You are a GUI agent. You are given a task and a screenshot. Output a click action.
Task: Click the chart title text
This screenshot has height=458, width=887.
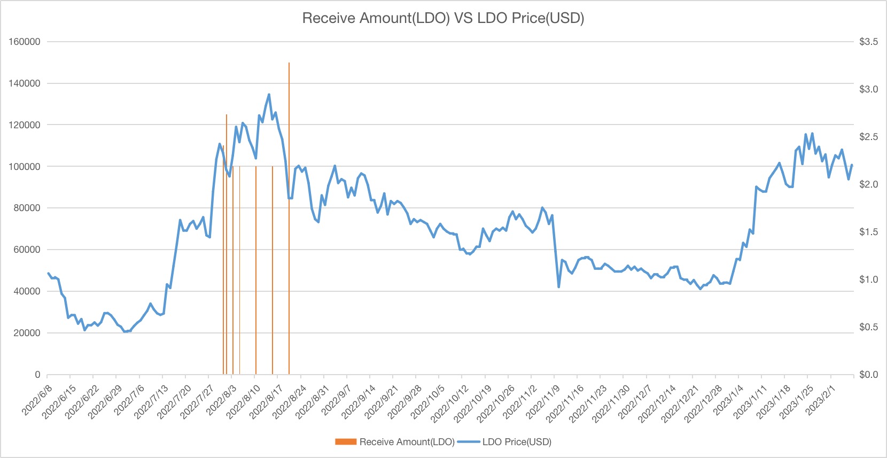(443, 18)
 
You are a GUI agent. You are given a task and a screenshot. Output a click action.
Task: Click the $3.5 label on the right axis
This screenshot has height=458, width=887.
(868, 42)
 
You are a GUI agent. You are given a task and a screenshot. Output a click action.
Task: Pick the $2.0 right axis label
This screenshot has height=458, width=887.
(868, 184)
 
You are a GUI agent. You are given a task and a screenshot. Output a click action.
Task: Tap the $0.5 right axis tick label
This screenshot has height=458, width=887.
(868, 327)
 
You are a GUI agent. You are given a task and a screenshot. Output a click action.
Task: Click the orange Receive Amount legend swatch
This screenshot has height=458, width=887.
(346, 442)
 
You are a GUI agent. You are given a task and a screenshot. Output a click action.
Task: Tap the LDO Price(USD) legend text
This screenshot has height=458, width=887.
(517, 442)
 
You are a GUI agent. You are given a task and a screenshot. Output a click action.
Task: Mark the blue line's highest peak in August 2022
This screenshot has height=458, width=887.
(269, 95)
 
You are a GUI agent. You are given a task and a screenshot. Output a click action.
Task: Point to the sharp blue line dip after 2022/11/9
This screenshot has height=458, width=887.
(559, 287)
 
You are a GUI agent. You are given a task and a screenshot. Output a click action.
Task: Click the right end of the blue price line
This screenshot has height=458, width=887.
(852, 165)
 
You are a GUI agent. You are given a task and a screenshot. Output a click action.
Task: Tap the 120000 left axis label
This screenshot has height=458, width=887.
(25, 125)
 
